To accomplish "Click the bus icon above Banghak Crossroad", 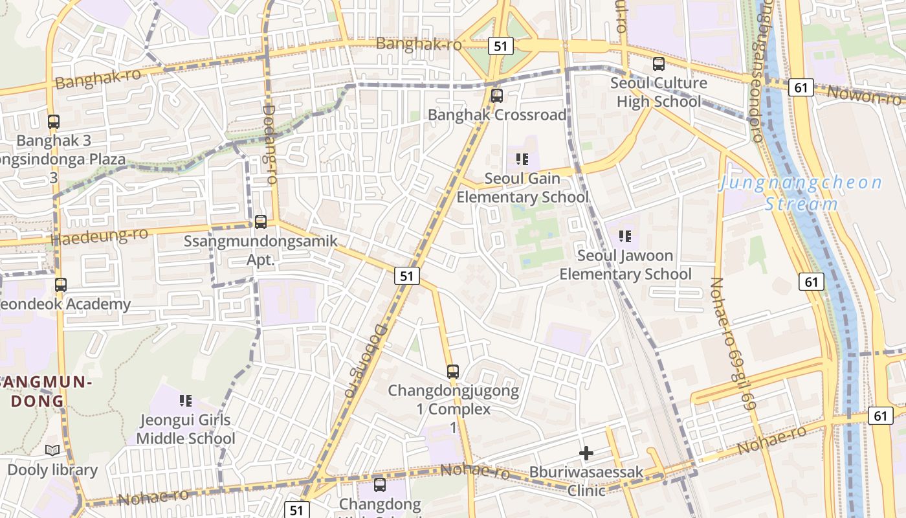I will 496,96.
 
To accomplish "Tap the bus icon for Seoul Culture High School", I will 658,64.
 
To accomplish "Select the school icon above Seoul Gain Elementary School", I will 522,159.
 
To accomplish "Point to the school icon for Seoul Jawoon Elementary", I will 624,236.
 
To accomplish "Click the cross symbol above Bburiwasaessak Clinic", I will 586,453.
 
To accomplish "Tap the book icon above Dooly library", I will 52,451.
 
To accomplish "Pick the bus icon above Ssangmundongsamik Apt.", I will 260,222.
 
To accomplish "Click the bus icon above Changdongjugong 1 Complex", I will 452,372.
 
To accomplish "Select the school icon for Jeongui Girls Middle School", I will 186,401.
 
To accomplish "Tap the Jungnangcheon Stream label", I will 801,193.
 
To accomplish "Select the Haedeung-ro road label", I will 99,236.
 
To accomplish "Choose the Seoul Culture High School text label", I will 658,92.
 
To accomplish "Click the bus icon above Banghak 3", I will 54,121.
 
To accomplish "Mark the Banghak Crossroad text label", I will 496,115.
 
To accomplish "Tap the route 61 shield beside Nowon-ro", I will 801,87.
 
